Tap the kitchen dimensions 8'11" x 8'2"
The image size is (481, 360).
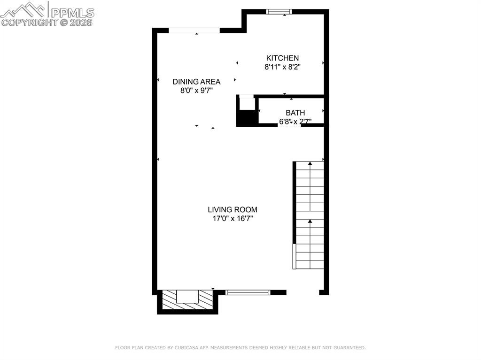click(x=282, y=67)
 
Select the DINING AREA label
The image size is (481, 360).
click(x=196, y=81)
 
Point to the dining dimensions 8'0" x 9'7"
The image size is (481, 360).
click(x=196, y=91)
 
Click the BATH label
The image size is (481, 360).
click(x=295, y=113)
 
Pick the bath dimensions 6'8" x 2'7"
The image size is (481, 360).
click(x=295, y=122)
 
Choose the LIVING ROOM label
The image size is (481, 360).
click(x=233, y=209)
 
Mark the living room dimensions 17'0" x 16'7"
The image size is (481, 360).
click(x=233, y=218)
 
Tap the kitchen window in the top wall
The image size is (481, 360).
click(x=279, y=12)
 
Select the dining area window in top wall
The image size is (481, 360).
click(x=194, y=31)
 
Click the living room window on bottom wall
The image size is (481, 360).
click(x=248, y=292)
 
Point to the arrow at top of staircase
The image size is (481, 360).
click(x=310, y=163)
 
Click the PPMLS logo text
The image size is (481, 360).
click(x=72, y=12)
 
